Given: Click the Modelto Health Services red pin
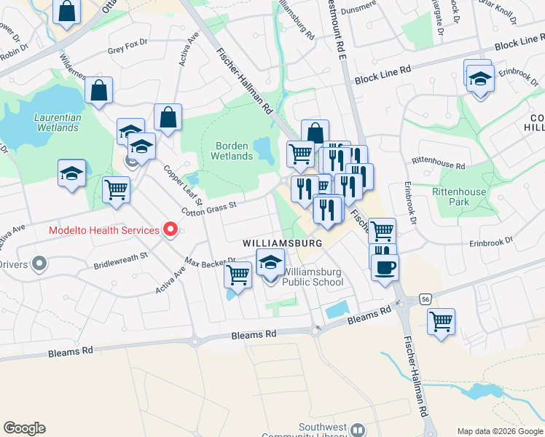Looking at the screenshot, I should (171, 230).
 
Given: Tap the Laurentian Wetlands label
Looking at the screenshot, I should (57, 122).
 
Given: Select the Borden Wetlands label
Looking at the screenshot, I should (232, 151).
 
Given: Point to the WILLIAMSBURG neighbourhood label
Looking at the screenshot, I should (282, 242).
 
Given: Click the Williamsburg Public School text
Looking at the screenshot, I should (313, 277).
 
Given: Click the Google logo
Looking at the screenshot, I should (24, 428).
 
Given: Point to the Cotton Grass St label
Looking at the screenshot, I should (209, 209).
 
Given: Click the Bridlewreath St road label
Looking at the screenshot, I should (120, 260).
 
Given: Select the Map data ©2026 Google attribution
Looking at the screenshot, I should (500, 430).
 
